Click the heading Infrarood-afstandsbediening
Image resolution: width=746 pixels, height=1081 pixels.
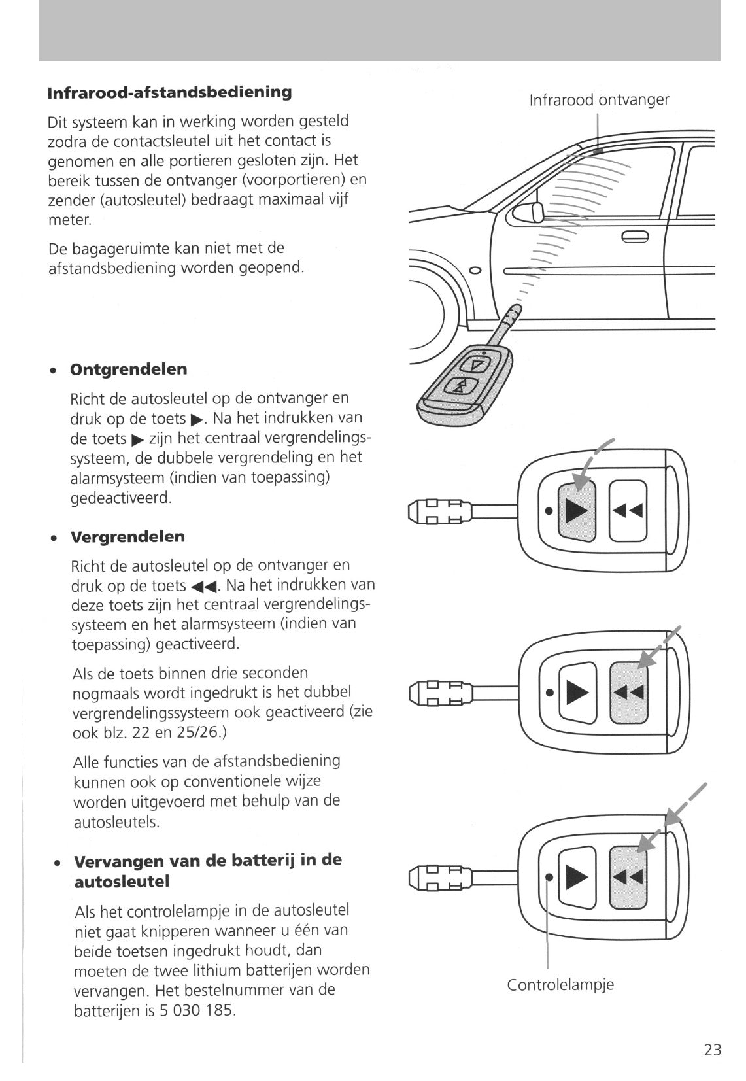[x=170, y=92]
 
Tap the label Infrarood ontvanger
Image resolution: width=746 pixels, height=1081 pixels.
[x=598, y=100]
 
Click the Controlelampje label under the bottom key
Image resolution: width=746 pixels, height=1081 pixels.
[x=560, y=984]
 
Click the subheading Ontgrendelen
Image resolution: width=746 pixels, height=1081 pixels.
[x=128, y=369]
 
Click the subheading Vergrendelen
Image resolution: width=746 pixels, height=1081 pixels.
[x=127, y=537]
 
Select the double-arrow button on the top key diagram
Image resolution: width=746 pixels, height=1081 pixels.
[x=628, y=510]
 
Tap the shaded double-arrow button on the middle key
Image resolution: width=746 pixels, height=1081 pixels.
[x=628, y=692]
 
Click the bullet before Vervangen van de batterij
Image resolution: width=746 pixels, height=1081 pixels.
[x=58, y=863]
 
